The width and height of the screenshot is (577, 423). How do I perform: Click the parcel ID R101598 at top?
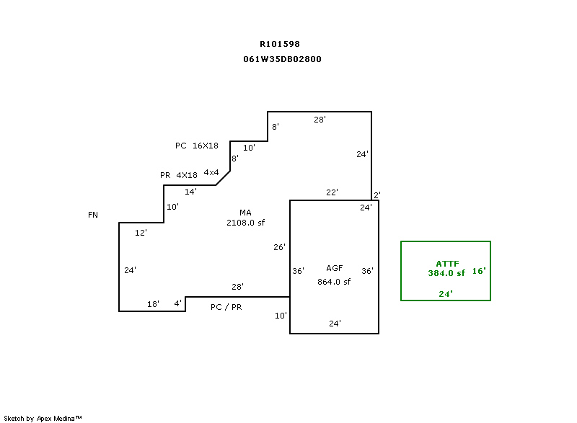point(280,44)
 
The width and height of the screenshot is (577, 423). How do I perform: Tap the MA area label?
point(245,213)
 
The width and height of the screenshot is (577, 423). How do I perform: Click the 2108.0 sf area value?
point(245,223)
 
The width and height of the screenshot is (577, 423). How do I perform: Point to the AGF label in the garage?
point(334,268)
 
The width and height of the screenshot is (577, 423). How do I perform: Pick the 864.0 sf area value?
point(334,282)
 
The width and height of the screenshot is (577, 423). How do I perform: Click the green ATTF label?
point(447,263)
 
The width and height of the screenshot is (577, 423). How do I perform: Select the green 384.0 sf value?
point(446,273)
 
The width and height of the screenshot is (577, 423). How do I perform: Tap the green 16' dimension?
point(480,272)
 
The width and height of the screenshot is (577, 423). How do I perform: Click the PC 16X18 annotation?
point(197,146)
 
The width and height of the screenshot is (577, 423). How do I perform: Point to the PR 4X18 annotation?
point(178,175)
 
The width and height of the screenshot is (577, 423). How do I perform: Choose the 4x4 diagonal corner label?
point(211,172)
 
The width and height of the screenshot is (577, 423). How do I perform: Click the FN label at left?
point(93,215)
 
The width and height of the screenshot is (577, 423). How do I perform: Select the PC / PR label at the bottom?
point(226,307)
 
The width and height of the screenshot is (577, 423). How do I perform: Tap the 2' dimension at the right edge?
point(376,195)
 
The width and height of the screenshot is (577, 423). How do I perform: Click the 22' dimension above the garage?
point(332,192)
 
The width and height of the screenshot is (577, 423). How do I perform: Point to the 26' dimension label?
point(280,247)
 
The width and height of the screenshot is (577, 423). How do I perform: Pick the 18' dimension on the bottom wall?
point(153,304)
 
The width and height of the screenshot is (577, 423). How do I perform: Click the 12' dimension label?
point(141,233)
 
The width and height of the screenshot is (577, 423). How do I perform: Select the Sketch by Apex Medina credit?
point(43,418)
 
